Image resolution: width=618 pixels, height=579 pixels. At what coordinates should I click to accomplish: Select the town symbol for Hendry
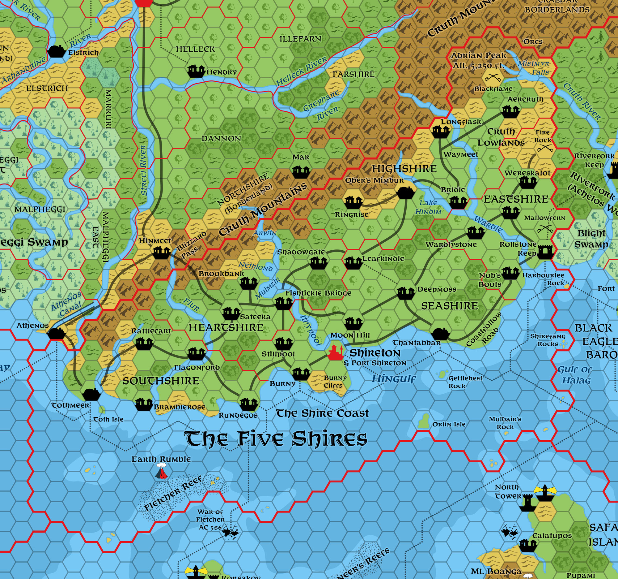click(196, 71)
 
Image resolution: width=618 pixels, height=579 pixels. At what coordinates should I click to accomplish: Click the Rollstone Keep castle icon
click(545, 252)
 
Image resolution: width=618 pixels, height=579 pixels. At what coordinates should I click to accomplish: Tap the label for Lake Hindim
click(428, 207)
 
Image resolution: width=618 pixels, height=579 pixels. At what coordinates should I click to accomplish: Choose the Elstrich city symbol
click(56, 52)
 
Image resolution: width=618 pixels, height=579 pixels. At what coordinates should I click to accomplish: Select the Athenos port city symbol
click(56, 333)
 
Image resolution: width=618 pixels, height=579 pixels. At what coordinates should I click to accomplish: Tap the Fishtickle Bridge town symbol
click(284, 303)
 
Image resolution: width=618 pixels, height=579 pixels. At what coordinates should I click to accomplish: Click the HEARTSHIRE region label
click(226, 328)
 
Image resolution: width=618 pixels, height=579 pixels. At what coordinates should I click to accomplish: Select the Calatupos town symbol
click(528, 545)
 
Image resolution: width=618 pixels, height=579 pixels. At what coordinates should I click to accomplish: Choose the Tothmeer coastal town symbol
click(91, 394)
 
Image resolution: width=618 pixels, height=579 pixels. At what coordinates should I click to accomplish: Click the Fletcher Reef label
click(173, 493)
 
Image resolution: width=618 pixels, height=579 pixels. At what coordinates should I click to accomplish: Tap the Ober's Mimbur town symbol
click(406, 192)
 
